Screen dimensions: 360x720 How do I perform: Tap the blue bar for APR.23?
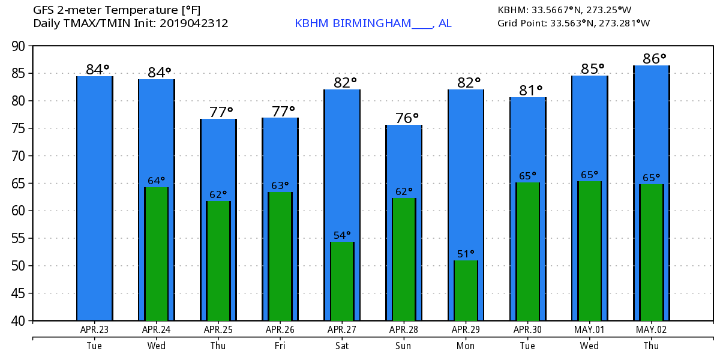click(x=95, y=198)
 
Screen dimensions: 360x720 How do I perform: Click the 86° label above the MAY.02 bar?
click(x=651, y=59)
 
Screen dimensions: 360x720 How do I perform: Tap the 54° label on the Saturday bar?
click(x=342, y=235)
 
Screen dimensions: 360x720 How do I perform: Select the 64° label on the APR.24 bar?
click(x=156, y=181)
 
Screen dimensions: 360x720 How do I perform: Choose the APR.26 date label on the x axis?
click(x=280, y=329)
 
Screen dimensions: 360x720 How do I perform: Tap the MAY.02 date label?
click(x=651, y=329)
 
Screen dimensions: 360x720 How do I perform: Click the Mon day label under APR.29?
click(x=466, y=346)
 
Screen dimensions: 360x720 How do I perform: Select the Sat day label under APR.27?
click(x=342, y=346)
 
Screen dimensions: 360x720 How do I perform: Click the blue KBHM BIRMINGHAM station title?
click(x=373, y=23)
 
